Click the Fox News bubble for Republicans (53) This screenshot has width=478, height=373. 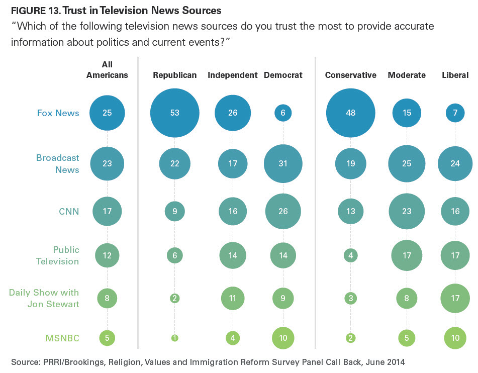(174, 113)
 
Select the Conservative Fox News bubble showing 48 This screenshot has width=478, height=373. (350, 113)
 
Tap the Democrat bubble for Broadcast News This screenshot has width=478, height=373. (283, 164)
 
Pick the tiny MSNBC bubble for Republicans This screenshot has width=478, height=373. (174, 338)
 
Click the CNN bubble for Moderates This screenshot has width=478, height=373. (407, 212)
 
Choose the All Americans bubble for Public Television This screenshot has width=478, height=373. (107, 255)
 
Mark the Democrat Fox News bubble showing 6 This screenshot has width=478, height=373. (283, 113)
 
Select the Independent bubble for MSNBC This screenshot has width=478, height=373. (232, 338)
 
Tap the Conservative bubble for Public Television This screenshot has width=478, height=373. (350, 255)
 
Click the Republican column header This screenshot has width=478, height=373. (174, 75)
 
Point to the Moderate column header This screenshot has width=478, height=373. (407, 75)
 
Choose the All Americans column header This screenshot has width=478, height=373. (107, 70)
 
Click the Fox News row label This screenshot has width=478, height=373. (58, 113)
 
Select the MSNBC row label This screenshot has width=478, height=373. (63, 338)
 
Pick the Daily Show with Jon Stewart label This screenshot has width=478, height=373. (44, 297)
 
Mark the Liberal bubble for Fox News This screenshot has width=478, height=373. (455, 113)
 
